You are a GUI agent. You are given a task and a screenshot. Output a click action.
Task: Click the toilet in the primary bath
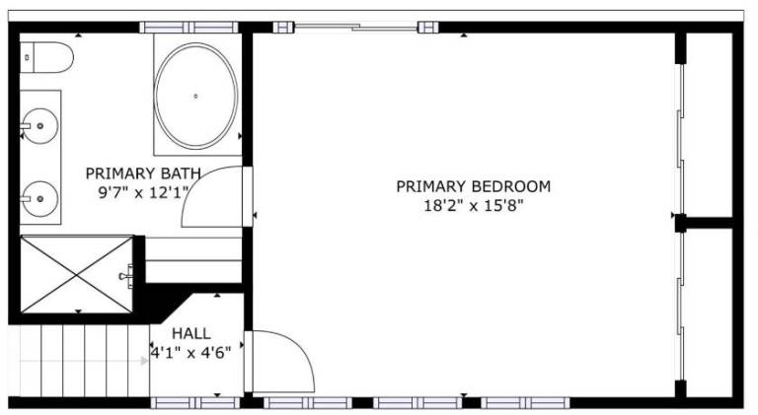pyautogui.click(x=46, y=57)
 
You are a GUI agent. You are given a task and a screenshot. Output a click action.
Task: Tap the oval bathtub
pyautogui.click(x=195, y=96)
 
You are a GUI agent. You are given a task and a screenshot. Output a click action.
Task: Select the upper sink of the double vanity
pyautogui.click(x=40, y=126)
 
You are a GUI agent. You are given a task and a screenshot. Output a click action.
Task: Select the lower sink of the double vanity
pyautogui.click(x=40, y=198)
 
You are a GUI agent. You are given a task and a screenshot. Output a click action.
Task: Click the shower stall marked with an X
pyautogui.click(x=77, y=274)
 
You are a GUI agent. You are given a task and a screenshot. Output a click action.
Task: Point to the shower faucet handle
pyautogui.click(x=126, y=277)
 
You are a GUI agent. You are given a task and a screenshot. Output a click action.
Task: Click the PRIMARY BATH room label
pyautogui.click(x=143, y=173)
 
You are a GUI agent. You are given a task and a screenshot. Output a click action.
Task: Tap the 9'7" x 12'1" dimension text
pyautogui.click(x=143, y=193)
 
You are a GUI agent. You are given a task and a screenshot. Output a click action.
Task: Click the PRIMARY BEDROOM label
pyautogui.click(x=474, y=186)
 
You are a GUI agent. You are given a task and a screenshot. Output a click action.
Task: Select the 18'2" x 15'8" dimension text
pyautogui.click(x=474, y=206)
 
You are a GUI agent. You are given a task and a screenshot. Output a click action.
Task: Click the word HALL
pyautogui.click(x=191, y=333)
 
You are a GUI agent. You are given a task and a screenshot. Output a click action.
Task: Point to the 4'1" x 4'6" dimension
pyautogui.click(x=190, y=353)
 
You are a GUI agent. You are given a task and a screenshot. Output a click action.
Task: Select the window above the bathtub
pyautogui.click(x=189, y=28)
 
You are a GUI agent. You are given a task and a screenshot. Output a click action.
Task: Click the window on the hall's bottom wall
pyautogui.click(x=195, y=403)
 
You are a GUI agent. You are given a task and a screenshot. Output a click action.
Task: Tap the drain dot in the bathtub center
pyautogui.click(x=195, y=96)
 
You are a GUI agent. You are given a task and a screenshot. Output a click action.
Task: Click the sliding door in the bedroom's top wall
pyautogui.click(x=355, y=27)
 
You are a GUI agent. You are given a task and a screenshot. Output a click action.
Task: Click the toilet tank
pyautogui.click(x=27, y=57)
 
